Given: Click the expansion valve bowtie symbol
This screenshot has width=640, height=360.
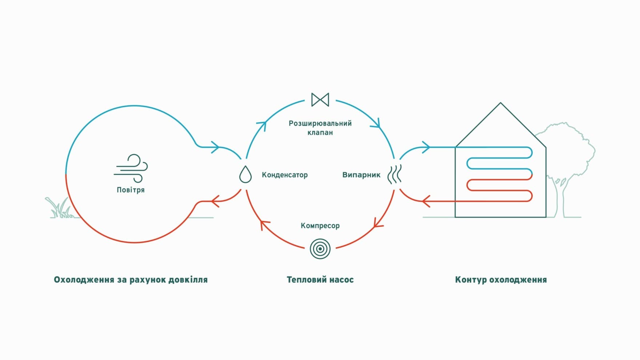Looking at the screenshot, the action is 320,100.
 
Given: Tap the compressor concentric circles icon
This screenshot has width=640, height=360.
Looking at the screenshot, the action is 320,249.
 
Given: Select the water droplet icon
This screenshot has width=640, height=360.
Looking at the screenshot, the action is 245,174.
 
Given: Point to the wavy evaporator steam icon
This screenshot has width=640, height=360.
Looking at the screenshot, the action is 395,174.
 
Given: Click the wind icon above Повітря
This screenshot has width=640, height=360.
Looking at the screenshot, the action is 131,168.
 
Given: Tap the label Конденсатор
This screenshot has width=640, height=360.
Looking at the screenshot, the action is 285,175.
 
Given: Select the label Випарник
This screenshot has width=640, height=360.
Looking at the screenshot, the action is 361,175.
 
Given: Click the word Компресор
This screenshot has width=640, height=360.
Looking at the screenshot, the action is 320,226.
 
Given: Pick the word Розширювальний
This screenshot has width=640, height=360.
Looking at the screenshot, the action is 320,123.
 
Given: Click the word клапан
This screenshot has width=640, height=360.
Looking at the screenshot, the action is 320,132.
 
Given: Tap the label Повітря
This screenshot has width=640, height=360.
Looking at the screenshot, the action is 131,190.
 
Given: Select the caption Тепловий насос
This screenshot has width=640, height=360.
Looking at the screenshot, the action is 320,280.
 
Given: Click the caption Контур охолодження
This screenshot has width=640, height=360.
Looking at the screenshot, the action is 501,280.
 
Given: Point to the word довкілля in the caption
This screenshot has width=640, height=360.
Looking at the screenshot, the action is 188,280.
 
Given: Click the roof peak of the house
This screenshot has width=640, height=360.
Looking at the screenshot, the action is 501,103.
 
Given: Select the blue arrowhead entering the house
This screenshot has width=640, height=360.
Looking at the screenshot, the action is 426,147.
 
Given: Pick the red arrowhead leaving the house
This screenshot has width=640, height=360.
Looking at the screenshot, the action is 426,201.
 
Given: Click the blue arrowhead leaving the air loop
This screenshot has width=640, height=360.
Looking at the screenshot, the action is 215,147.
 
